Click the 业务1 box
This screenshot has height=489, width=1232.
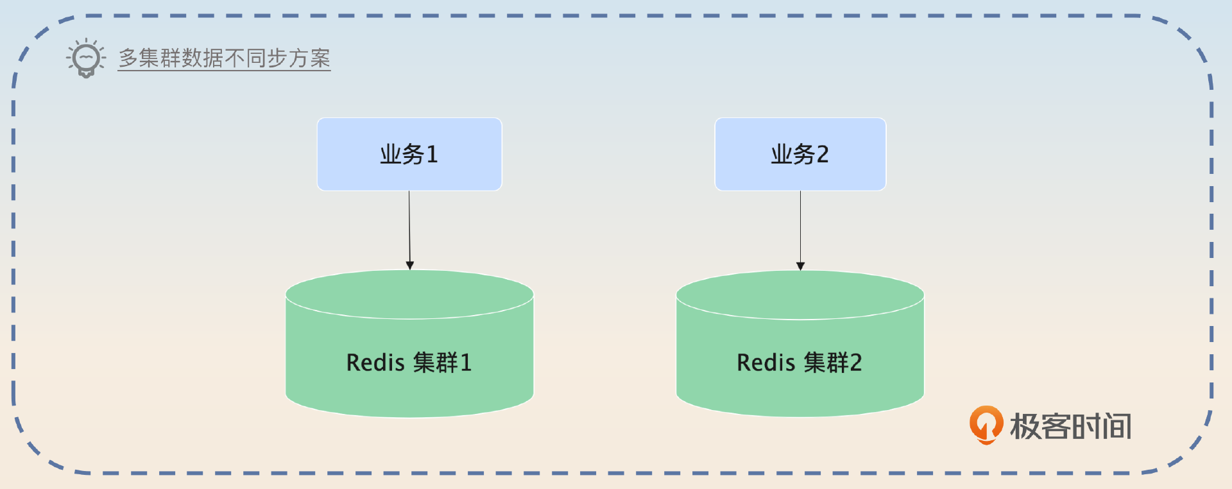pyautogui.click(x=409, y=154)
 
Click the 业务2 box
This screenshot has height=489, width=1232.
pyautogui.click(x=800, y=154)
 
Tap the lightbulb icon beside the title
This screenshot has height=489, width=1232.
pyautogui.click(x=85, y=58)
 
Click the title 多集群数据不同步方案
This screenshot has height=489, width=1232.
pyautogui.click(x=224, y=58)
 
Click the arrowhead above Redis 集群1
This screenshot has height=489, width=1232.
pyautogui.click(x=410, y=265)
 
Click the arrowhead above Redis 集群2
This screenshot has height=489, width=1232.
pyautogui.click(x=800, y=266)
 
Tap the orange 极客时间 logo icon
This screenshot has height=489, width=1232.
pyautogui.click(x=986, y=424)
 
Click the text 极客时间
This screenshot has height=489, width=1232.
pyautogui.click(x=1070, y=426)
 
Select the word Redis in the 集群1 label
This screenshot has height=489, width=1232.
pyautogui.click(x=375, y=363)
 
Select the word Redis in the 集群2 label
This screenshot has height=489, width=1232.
pyautogui.click(x=766, y=363)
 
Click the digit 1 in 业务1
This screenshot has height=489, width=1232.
pyautogui.click(x=432, y=154)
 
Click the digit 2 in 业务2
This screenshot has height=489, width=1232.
pyautogui.click(x=822, y=154)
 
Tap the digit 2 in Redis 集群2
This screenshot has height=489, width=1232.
pyautogui.click(x=855, y=363)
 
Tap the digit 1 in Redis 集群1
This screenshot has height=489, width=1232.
pyautogui.click(x=466, y=363)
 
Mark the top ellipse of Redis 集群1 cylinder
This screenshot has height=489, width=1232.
pyautogui.click(x=409, y=294)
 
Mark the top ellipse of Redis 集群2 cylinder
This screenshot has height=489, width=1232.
pyautogui.click(x=800, y=295)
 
